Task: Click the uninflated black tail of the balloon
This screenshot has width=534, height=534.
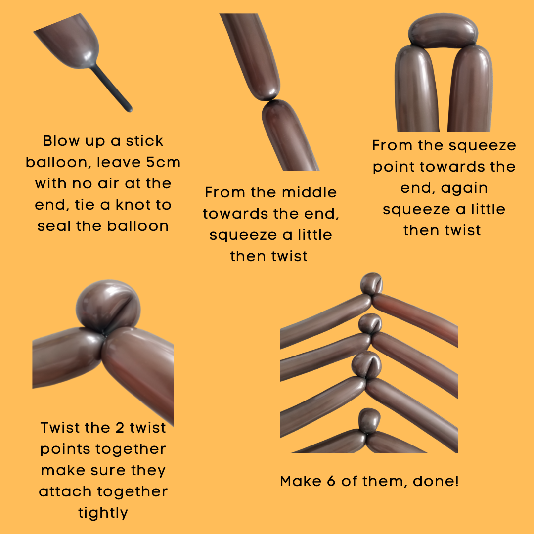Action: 111,88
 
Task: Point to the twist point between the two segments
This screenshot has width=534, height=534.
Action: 271,100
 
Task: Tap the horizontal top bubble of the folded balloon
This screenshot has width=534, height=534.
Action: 443,30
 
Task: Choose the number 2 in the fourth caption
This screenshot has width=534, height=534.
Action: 120,428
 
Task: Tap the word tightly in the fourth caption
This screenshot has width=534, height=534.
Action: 103,513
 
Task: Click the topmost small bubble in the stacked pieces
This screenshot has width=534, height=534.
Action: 371,283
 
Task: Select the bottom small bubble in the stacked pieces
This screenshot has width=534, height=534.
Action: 369,421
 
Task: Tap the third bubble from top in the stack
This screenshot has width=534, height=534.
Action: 366,365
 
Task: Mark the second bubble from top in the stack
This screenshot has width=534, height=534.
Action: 370,323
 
